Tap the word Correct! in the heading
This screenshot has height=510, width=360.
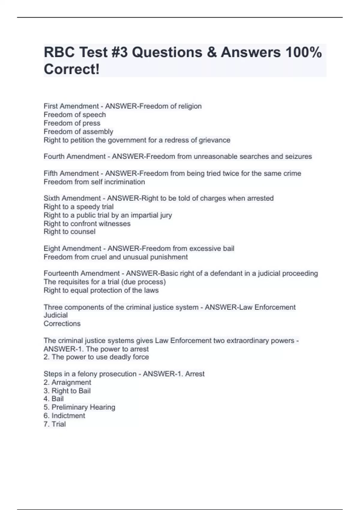pyautogui.click(x=71, y=69)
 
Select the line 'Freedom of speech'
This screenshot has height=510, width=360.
pyautogui.click(x=75, y=115)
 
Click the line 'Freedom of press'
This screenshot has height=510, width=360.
pyautogui.click(x=72, y=123)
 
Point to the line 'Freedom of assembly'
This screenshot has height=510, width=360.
pyautogui.click(x=78, y=131)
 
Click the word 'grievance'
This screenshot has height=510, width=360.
pyautogui.click(x=214, y=140)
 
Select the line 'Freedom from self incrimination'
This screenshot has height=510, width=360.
pyautogui.click(x=94, y=182)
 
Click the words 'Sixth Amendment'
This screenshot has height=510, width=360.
pyautogui.click(x=72, y=198)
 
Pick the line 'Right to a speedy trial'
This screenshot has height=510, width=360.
pyautogui.click(x=79, y=207)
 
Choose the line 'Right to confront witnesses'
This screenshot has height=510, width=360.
pyautogui.click(x=87, y=223)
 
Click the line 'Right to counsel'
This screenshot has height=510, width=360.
pyautogui.click(x=70, y=232)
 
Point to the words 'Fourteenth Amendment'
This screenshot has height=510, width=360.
pyautogui.click(x=82, y=273)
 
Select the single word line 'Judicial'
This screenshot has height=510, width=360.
pyautogui.click(x=55, y=315)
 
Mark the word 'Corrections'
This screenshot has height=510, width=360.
pyautogui.click(x=62, y=323)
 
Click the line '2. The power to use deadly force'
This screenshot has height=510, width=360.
pyautogui.click(x=96, y=357)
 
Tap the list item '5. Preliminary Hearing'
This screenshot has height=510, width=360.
pyautogui.click(x=79, y=407)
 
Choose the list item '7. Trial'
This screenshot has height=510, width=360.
pyautogui.click(x=55, y=424)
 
